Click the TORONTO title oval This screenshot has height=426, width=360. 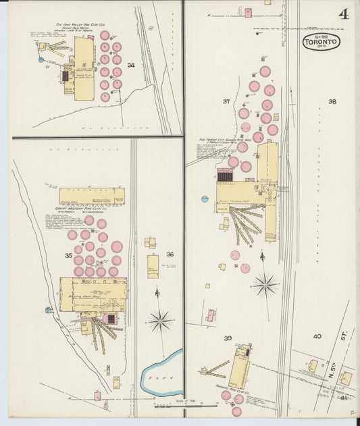[x=321, y=42]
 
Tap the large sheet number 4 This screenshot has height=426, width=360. [x=343, y=14]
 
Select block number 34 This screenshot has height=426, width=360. [x=131, y=65]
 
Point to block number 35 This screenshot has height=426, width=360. [x=68, y=256]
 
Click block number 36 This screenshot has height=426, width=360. [x=170, y=255]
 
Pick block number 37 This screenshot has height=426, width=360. [x=226, y=102]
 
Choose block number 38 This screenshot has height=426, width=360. [x=332, y=102]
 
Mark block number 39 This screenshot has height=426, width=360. [x=228, y=338]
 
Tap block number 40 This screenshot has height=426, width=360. [x=317, y=337]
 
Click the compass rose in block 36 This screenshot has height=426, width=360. [x=159, y=320]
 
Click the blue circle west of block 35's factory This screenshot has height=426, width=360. [x=49, y=310]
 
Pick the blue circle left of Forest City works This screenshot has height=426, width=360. [x=205, y=198]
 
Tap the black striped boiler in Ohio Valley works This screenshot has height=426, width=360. [x=66, y=76]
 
